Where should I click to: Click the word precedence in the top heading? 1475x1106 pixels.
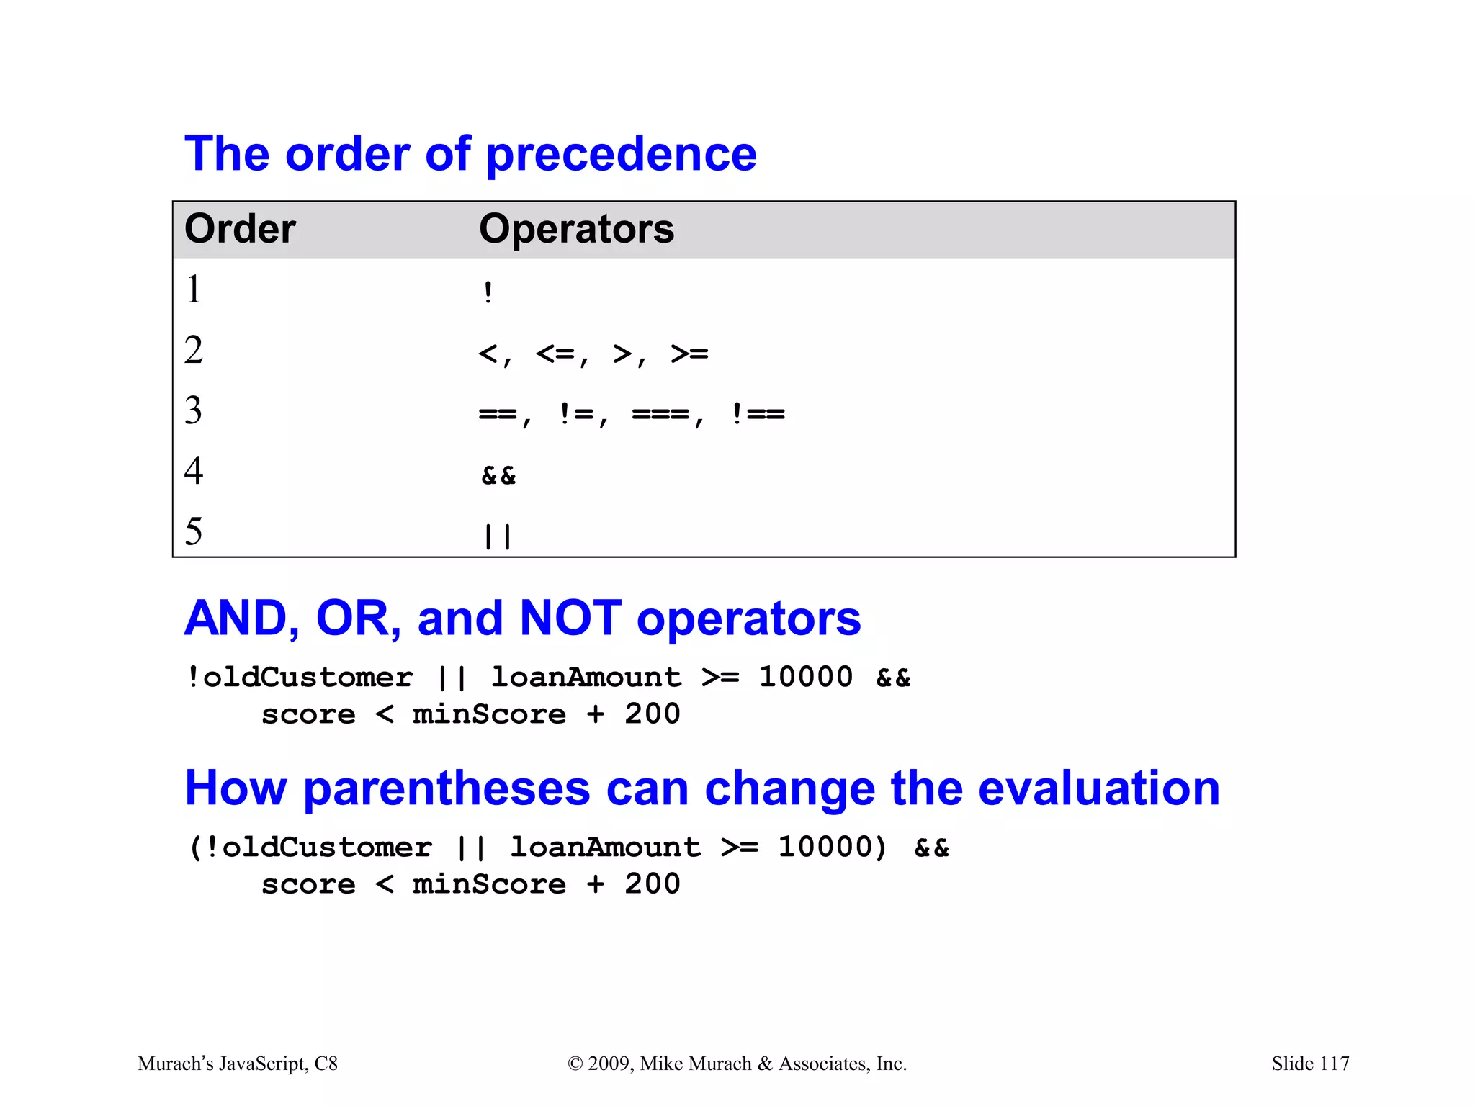621,155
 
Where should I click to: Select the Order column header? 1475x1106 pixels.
240,229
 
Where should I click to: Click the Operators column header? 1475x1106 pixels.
576,229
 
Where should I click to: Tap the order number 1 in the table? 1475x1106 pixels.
193,289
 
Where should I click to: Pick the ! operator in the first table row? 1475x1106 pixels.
488,292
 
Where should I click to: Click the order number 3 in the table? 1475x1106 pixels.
193,410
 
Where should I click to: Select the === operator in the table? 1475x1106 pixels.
660,414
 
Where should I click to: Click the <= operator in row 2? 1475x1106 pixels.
555,354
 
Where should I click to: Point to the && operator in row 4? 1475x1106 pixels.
498,475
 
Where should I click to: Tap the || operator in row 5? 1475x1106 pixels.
498,536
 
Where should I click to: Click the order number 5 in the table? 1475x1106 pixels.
193,531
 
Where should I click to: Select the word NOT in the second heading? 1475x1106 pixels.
570,618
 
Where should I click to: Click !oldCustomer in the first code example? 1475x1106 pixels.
300,677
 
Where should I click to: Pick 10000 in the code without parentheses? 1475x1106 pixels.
805,677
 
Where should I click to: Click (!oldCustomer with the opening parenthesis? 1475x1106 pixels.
310,847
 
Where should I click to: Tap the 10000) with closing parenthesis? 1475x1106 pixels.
833,847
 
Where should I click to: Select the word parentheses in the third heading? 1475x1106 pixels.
447,788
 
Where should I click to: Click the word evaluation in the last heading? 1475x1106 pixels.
1099,788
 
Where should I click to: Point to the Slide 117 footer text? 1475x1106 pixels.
1310,1064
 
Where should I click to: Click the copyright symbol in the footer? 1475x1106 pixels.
575,1064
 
